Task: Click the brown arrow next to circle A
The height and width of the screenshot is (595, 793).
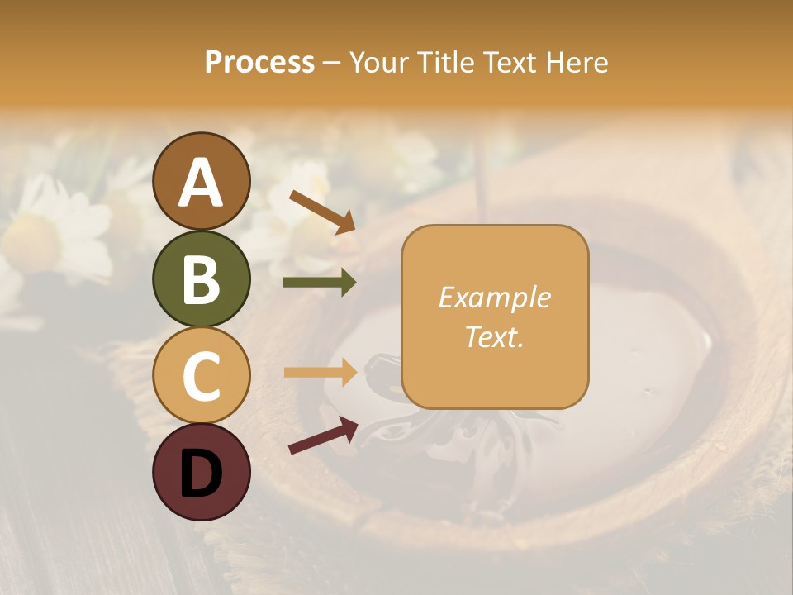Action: point(322,212)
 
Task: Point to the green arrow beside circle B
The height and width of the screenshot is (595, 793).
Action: point(320,283)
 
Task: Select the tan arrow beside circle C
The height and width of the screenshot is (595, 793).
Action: point(320,372)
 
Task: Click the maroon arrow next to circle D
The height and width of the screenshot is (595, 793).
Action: point(323,435)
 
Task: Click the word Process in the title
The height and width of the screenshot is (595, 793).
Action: point(259,63)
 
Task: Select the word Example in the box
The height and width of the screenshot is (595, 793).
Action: point(494,297)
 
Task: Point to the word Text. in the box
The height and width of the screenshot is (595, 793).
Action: point(494,336)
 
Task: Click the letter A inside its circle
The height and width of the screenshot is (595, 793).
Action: point(202,183)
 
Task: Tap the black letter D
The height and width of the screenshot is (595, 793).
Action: point(202,474)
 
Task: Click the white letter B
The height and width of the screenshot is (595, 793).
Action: point(202,279)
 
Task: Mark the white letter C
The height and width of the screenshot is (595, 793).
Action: point(202,376)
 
